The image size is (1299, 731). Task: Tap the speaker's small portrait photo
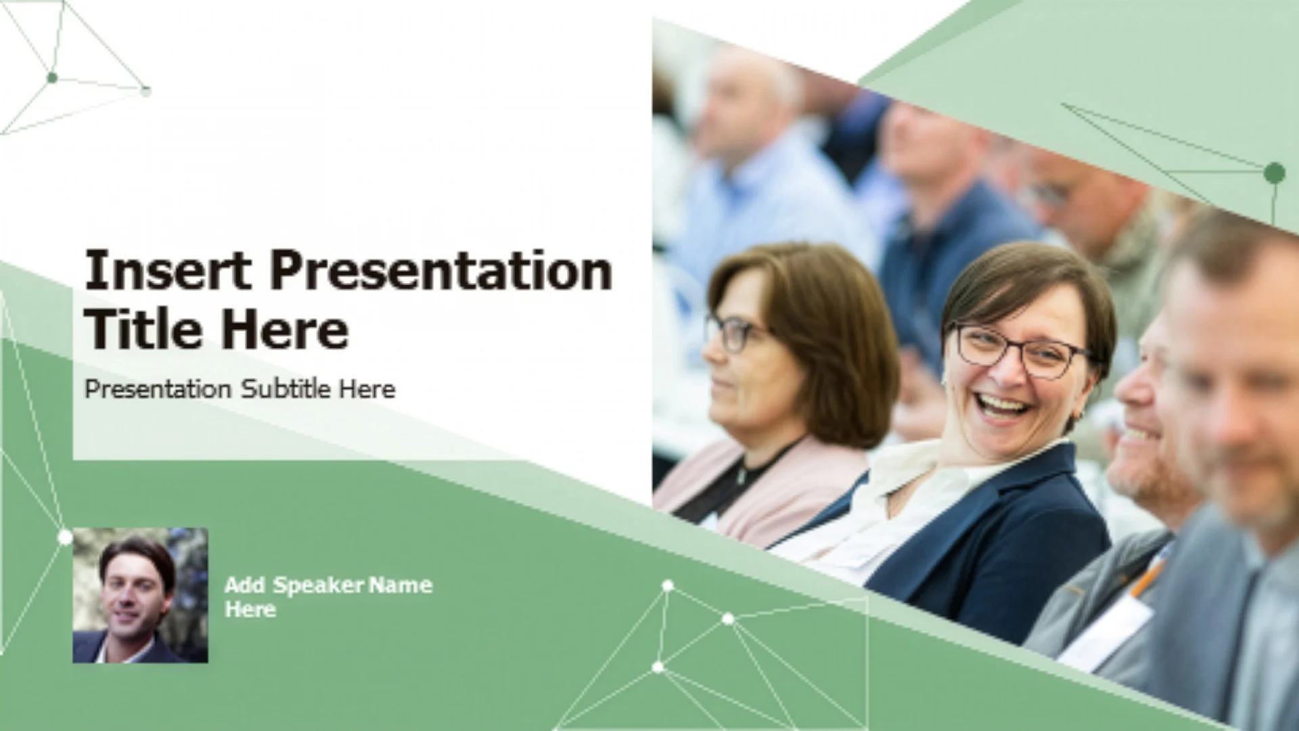[140, 595]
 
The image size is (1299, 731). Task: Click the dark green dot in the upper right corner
[1275, 173]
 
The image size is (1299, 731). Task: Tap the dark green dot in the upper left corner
[52, 78]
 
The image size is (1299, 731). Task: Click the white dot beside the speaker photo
[65, 537]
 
